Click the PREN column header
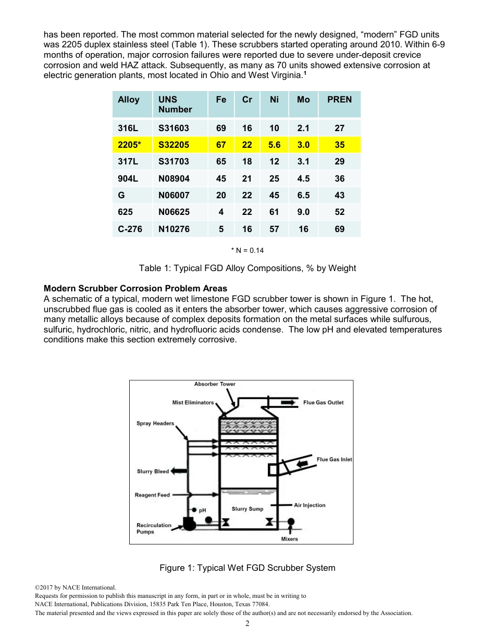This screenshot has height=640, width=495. (x=339, y=99)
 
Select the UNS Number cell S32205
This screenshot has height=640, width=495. (x=174, y=145)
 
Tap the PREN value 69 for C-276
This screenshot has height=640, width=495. (x=339, y=229)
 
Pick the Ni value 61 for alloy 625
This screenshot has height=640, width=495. (x=274, y=212)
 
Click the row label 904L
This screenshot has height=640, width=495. (x=128, y=178)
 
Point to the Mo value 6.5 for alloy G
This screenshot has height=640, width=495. (x=303, y=195)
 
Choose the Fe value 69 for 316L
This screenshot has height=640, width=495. (x=221, y=128)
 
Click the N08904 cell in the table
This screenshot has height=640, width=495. (x=174, y=178)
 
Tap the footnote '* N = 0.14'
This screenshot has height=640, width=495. (x=247, y=250)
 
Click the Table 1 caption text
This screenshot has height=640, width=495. (x=247, y=268)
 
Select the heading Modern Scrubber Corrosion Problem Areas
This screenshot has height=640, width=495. (x=135, y=288)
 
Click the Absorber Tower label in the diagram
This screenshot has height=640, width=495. (x=215, y=384)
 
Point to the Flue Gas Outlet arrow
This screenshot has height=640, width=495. (x=288, y=403)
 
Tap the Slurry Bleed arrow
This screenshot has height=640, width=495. (x=179, y=471)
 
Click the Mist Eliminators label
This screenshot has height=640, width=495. (x=193, y=402)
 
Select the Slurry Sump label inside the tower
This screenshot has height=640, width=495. (x=247, y=509)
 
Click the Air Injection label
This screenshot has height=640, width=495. (x=310, y=505)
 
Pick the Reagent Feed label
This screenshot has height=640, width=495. (x=152, y=495)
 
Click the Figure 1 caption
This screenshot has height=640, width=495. (x=247, y=568)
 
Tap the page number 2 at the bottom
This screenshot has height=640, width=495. (x=247, y=624)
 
